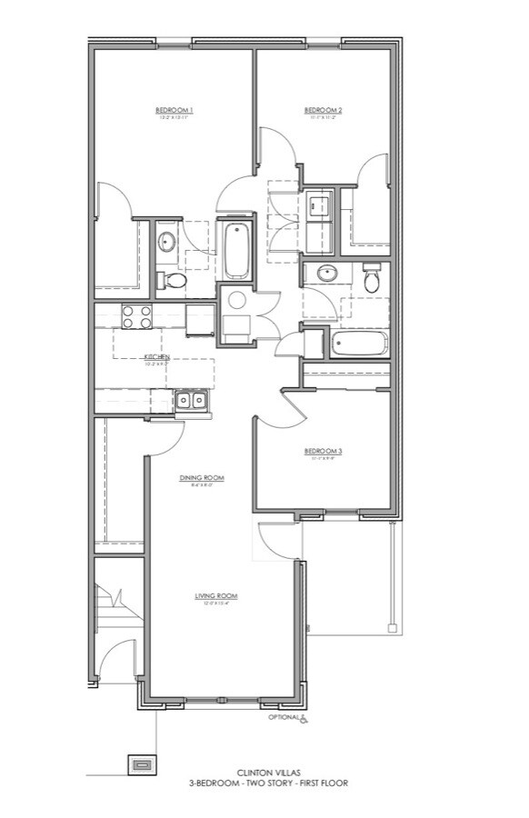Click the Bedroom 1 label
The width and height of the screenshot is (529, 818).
pos(175,111)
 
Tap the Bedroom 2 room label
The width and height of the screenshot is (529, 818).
pos(323,111)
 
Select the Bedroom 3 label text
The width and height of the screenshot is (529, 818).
pos(324,452)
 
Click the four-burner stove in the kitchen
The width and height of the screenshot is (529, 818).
pos(137,316)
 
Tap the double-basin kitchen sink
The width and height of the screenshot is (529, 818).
pos(192,400)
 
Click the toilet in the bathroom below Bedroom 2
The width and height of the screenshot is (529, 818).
pos(372,278)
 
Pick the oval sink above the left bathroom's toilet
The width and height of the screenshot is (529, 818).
pos(166,242)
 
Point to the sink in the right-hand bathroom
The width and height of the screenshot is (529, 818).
pos(324,274)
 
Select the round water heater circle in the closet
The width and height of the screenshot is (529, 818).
pos(237,301)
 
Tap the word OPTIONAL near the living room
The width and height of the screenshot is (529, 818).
pos(283,718)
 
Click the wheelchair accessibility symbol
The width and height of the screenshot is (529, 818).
pos(304,720)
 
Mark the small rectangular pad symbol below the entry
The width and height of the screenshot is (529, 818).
pos(141,764)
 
